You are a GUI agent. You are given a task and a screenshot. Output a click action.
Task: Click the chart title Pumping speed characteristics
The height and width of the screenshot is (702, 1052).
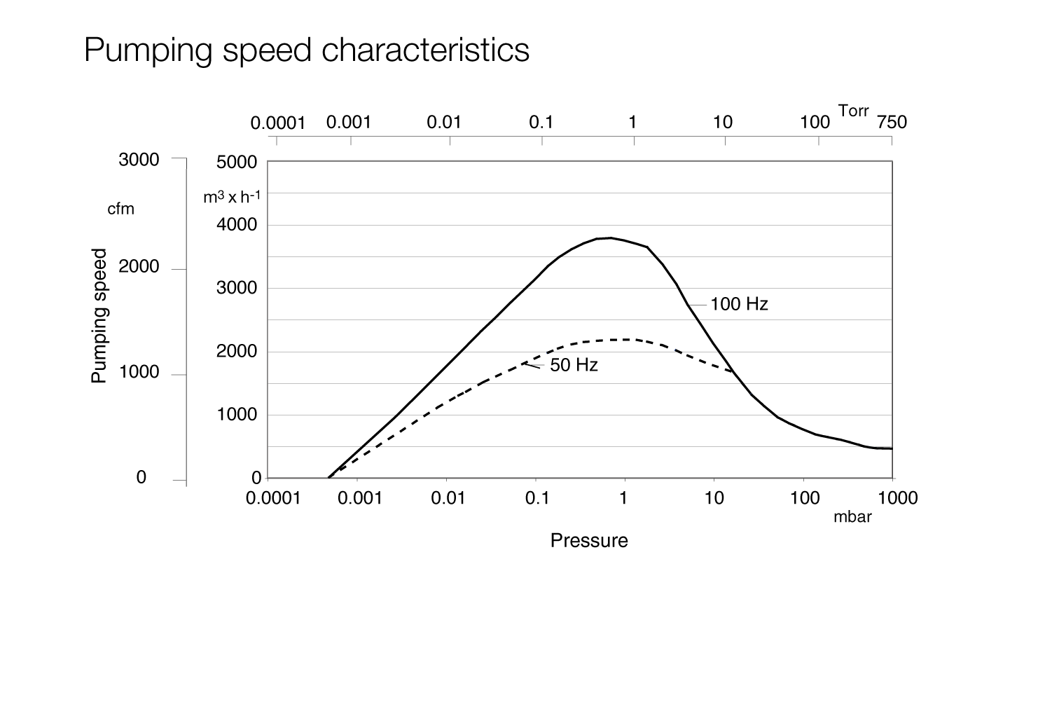pos(306,50)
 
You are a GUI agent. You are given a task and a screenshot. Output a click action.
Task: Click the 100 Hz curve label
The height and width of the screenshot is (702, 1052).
pos(739,305)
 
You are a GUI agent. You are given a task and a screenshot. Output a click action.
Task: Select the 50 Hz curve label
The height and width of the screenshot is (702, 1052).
pos(574,365)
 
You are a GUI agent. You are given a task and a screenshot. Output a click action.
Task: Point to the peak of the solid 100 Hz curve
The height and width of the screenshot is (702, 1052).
pos(611,238)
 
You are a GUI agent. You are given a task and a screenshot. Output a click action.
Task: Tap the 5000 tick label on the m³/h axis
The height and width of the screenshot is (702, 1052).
pos(237,163)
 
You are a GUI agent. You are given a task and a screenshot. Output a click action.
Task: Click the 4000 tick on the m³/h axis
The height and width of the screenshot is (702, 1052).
pos(237,226)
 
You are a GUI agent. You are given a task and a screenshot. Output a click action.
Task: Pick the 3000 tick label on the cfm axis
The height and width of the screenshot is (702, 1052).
pos(139,160)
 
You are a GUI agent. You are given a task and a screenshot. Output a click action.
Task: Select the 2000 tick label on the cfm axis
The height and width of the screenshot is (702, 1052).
pos(139,267)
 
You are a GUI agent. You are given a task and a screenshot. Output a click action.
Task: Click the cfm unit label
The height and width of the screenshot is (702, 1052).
pos(120,209)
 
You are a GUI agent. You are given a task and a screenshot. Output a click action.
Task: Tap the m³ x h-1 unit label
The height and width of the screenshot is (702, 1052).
pos(232,198)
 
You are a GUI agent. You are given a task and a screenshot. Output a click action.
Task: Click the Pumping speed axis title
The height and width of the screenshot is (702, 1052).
pos(100,316)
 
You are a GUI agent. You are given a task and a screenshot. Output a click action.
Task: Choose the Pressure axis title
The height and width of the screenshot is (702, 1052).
pos(589,541)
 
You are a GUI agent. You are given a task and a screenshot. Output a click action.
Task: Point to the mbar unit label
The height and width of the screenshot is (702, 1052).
pos(852,518)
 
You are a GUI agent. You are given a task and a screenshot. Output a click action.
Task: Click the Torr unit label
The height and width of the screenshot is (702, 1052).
pos(853,111)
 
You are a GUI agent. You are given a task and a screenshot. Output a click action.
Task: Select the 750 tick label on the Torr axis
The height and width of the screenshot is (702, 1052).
pos(892,123)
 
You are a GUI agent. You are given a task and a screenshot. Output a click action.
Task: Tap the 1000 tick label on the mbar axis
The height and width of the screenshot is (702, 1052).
pos(897,498)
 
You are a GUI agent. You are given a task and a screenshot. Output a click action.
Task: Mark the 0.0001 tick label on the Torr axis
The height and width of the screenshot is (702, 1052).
pos(278,124)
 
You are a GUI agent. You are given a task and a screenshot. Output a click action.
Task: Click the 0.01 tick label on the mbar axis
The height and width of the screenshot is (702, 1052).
pos(448,498)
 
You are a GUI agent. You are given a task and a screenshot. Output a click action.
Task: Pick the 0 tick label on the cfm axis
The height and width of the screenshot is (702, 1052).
pos(141,478)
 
